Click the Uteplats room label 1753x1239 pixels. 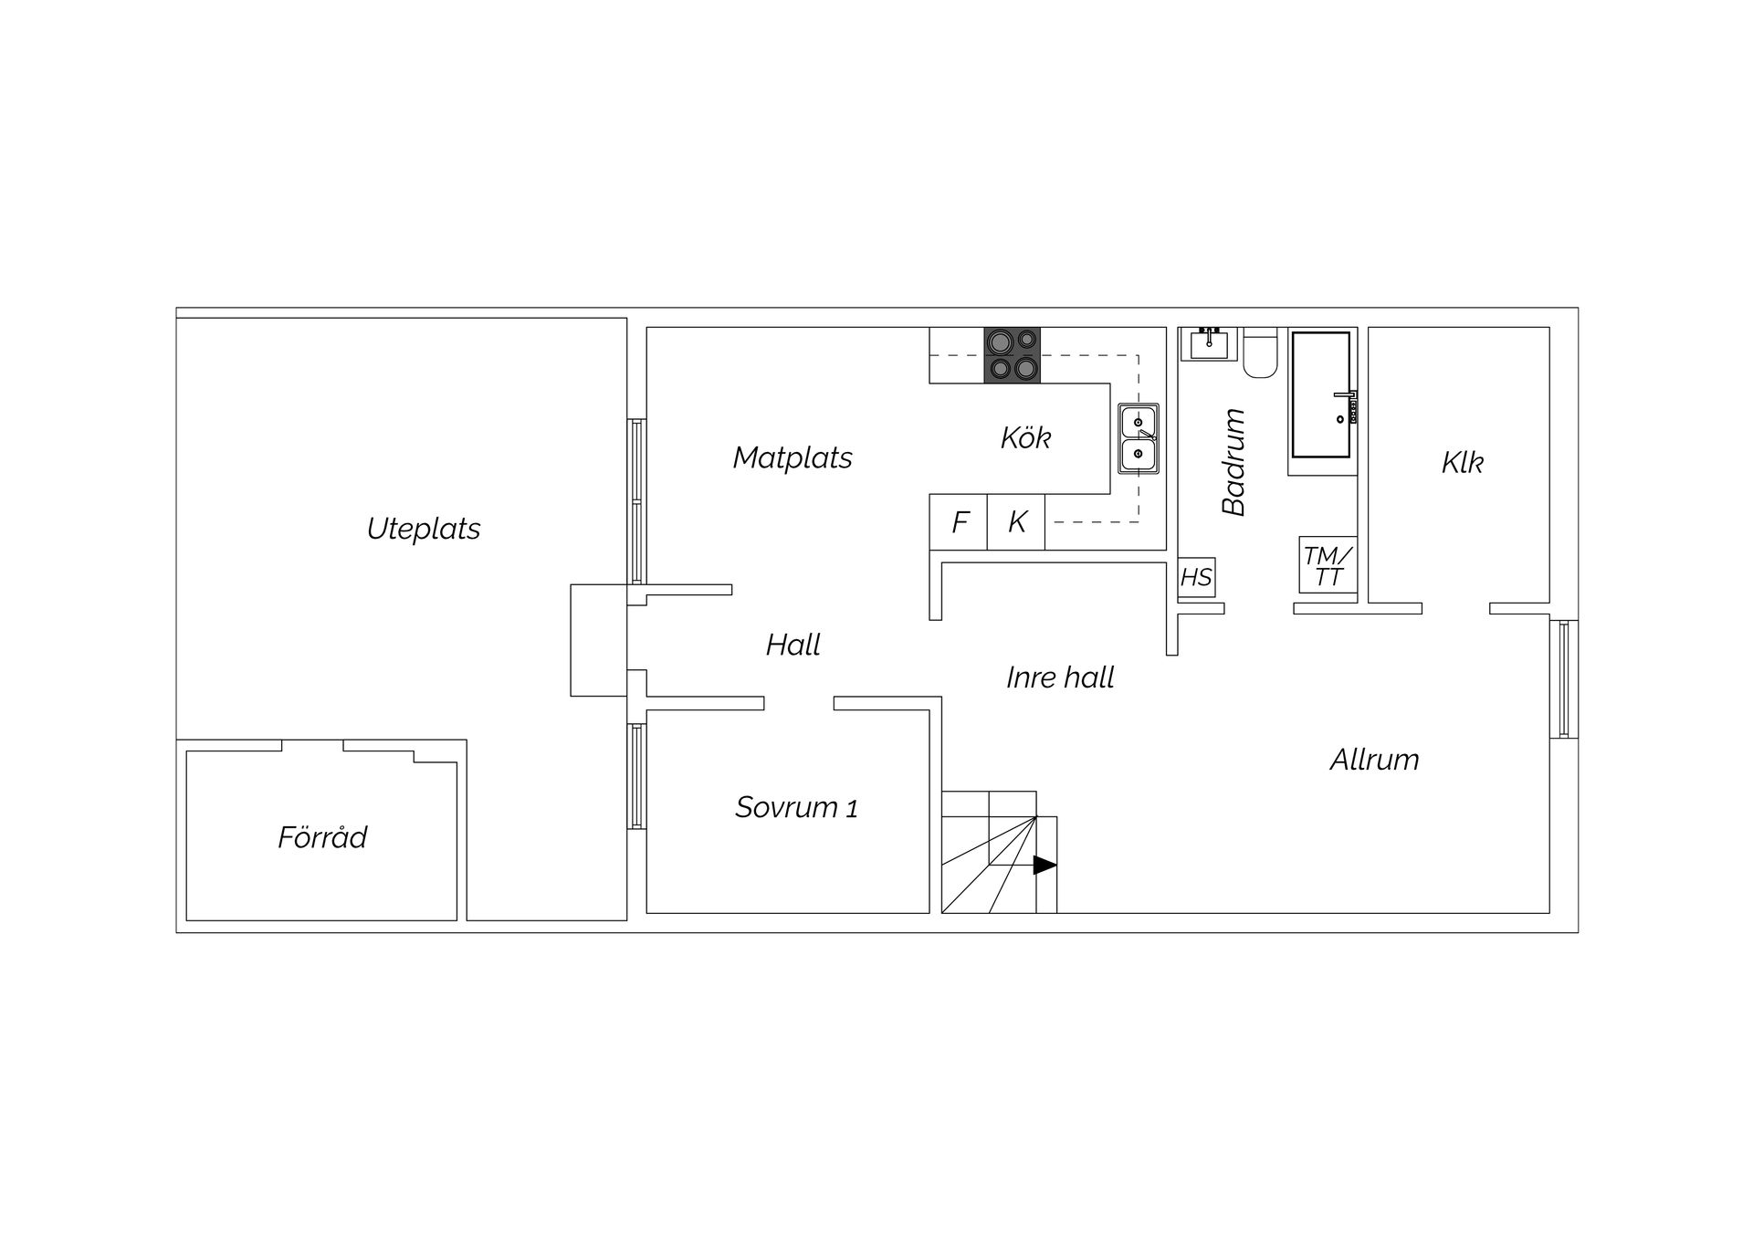(424, 530)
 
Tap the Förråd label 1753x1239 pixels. (322, 836)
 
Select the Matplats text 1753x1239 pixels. (793, 457)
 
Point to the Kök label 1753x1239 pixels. (1025, 437)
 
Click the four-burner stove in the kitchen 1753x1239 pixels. (1013, 355)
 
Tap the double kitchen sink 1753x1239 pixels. (1139, 439)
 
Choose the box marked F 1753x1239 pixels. (959, 522)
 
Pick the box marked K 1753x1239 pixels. (1016, 522)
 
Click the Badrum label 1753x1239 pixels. (1233, 462)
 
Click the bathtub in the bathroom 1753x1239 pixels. (1321, 394)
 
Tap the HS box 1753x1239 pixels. (1196, 577)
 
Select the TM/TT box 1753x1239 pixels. (1328, 565)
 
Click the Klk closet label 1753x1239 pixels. (1462, 462)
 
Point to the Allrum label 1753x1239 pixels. (1374, 760)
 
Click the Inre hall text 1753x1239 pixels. (1060, 677)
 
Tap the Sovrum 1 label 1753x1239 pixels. (796, 807)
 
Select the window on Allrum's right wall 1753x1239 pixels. (1564, 679)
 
